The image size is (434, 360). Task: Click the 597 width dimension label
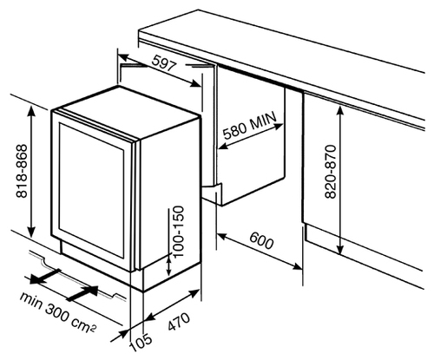(164, 63)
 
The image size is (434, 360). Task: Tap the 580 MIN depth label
(250, 126)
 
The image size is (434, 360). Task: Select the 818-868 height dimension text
(22, 171)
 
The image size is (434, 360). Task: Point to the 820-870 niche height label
(331, 172)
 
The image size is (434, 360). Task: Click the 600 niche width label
(261, 240)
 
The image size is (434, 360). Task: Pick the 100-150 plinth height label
(178, 232)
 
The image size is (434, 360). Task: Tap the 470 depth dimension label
(180, 322)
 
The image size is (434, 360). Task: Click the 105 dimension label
(141, 343)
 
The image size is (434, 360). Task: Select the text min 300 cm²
(57, 312)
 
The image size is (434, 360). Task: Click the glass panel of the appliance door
(91, 189)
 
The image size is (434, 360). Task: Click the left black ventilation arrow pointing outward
(45, 276)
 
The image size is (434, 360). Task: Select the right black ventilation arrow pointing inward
(82, 293)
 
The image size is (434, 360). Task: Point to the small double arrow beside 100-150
(168, 265)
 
